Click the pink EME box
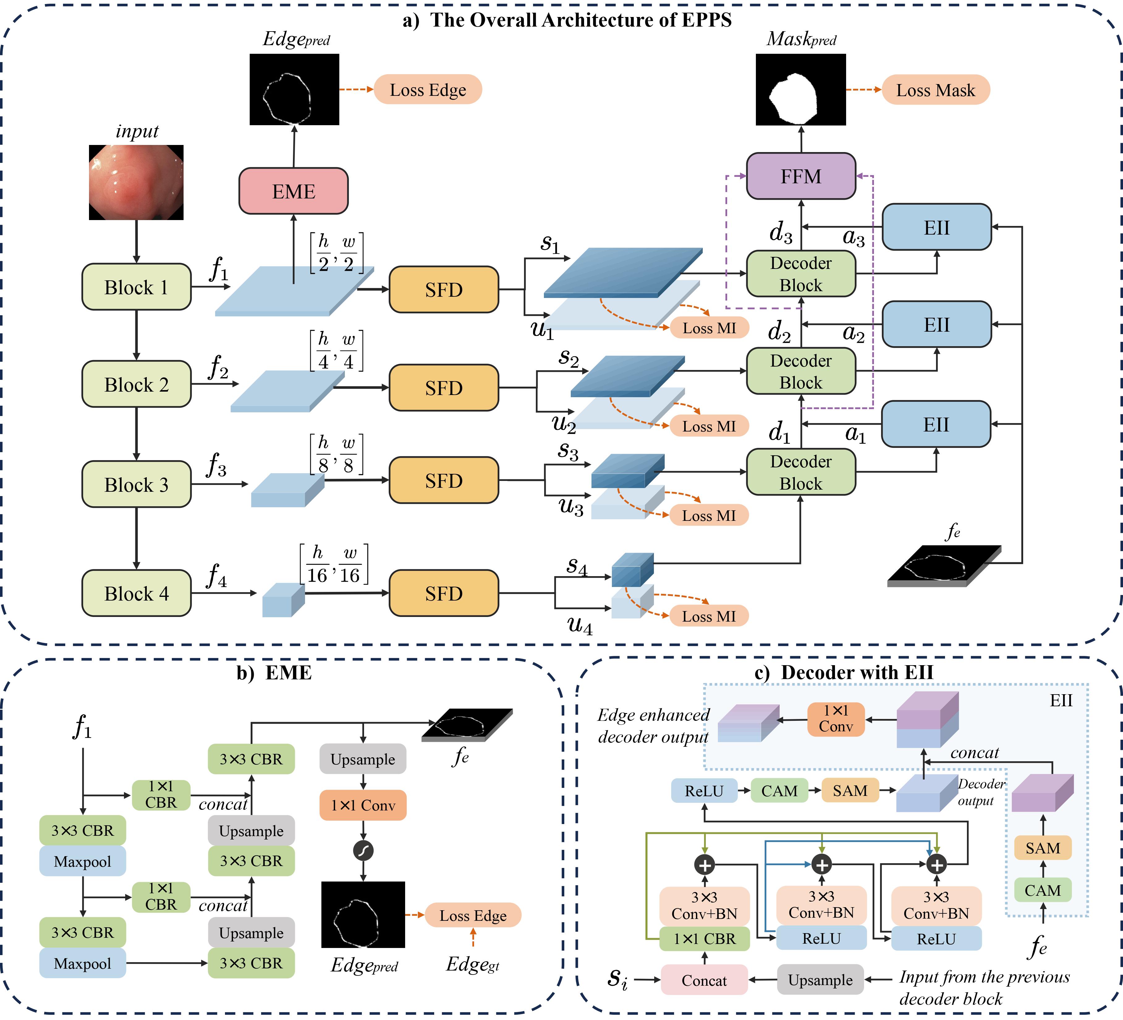pyautogui.click(x=294, y=191)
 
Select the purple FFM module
pyautogui.click(x=800, y=176)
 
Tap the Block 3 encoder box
pyautogui.click(x=137, y=484)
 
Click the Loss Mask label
pyautogui.click(x=935, y=90)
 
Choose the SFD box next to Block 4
pyautogui.click(x=443, y=593)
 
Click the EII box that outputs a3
pyautogui.click(x=936, y=227)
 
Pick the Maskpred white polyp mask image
pyautogui.click(x=800, y=89)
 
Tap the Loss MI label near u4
pyautogui.click(x=709, y=616)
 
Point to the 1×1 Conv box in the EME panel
pyautogui.click(x=362, y=805)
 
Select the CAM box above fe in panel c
pyautogui.click(x=1043, y=890)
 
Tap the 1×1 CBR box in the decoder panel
pyautogui.click(x=704, y=939)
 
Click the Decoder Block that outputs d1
pyautogui.click(x=800, y=472)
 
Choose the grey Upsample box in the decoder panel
pyautogui.click(x=820, y=980)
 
